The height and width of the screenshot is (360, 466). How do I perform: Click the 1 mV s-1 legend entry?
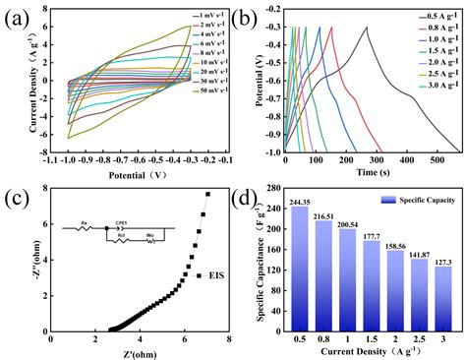coord(207,16)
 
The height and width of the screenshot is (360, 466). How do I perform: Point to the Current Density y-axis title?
coord(12,83)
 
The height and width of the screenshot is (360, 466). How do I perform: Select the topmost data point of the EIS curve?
coord(207,195)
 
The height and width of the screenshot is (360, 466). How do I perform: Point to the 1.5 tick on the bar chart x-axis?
coord(371,338)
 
